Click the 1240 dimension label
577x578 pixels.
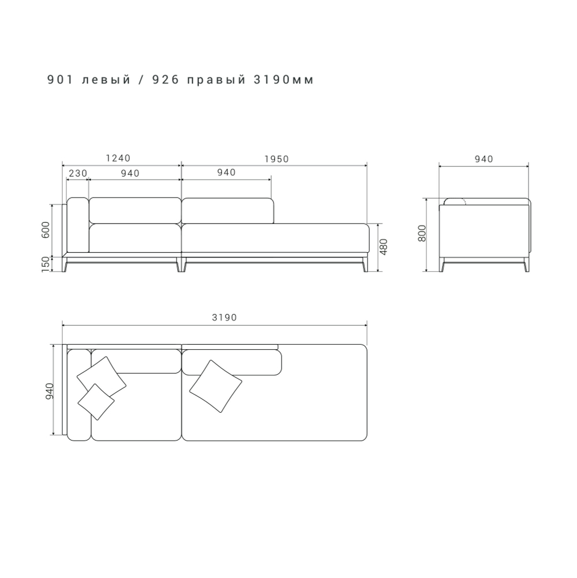(118, 158)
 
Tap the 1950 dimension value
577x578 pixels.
(277, 159)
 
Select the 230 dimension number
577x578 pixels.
(78, 173)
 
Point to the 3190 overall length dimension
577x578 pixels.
(224, 318)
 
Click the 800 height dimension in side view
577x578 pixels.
(422, 233)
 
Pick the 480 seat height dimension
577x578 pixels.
(384, 247)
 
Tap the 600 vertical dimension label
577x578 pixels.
(46, 230)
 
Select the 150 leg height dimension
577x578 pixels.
(46, 264)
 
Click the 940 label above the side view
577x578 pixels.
(484, 159)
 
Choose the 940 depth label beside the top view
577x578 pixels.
(50, 391)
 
